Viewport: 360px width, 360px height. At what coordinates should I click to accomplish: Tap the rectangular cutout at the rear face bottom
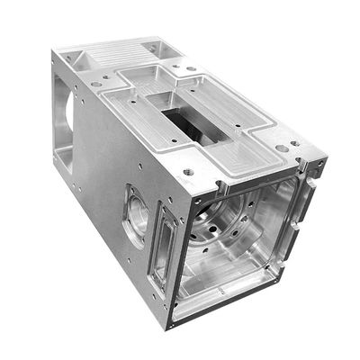coord(67,162)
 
